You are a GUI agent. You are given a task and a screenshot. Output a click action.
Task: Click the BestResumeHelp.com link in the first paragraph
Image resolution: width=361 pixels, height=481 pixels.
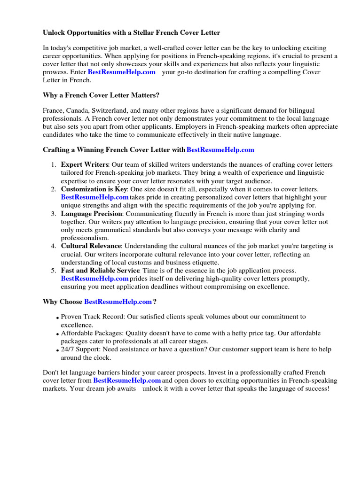click(x=121, y=72)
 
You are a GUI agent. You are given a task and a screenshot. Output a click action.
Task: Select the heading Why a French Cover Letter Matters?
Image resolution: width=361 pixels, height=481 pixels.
click(x=101, y=95)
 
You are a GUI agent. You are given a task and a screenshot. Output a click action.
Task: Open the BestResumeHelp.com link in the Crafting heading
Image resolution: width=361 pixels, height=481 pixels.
click(x=220, y=150)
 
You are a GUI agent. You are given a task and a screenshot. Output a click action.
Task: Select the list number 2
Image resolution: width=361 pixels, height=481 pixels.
click(x=53, y=189)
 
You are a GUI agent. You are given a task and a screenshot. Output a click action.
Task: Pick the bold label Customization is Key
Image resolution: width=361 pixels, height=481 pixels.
click(x=94, y=189)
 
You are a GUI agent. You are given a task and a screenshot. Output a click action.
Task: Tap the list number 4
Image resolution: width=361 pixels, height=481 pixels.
click(x=53, y=246)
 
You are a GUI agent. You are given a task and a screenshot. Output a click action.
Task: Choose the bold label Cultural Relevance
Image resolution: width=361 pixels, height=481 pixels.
click(x=91, y=246)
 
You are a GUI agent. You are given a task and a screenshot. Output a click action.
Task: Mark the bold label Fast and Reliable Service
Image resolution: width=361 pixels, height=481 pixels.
click(x=100, y=271)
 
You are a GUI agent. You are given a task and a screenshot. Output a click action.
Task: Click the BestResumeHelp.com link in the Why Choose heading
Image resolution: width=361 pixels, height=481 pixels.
click(x=118, y=302)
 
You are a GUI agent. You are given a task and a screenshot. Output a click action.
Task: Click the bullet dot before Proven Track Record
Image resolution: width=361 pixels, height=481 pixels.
click(x=58, y=318)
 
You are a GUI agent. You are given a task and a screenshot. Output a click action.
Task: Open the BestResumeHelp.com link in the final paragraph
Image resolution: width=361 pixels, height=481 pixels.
click(x=127, y=380)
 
